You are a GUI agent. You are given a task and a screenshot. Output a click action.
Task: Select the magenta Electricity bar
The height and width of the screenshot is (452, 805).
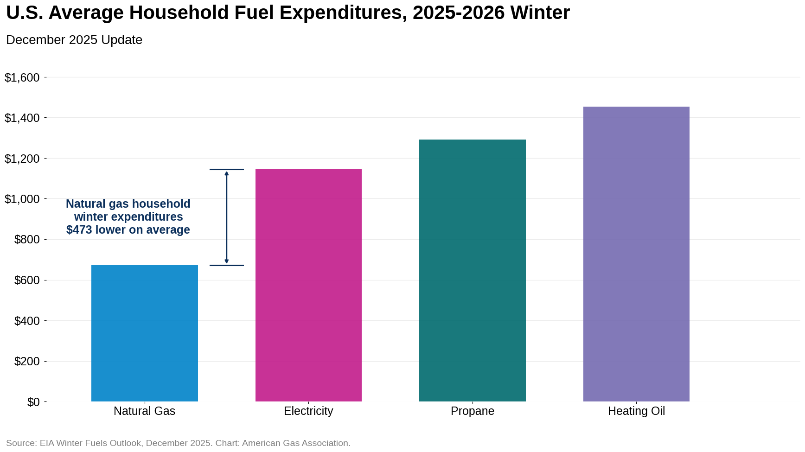click(x=308, y=285)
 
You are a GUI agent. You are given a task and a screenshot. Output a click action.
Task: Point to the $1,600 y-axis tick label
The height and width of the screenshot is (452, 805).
click(x=22, y=77)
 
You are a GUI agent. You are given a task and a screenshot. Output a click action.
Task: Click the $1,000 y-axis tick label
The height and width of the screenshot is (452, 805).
click(x=22, y=199)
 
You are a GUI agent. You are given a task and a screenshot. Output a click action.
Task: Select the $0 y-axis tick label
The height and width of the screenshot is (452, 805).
click(x=33, y=402)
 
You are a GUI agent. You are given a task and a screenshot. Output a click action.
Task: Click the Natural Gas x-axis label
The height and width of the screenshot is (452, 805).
click(x=144, y=411)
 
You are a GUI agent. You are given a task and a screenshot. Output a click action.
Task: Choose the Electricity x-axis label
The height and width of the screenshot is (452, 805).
click(x=308, y=411)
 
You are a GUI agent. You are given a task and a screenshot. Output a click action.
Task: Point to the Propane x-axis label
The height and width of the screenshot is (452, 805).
click(x=472, y=411)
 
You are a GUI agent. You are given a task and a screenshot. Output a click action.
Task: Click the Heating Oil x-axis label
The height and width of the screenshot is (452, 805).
click(x=636, y=411)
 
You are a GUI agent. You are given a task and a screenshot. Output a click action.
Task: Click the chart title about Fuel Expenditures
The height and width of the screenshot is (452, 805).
click(x=287, y=13)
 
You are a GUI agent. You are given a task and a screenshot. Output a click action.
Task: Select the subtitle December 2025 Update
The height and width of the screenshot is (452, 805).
click(x=74, y=40)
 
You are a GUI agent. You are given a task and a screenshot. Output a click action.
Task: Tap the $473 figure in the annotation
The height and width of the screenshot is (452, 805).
click(x=79, y=230)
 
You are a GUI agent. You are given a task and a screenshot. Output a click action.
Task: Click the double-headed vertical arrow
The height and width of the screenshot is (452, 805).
click(x=226, y=217)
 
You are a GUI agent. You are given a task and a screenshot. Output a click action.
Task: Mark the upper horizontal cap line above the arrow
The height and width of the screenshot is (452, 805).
click(x=226, y=169)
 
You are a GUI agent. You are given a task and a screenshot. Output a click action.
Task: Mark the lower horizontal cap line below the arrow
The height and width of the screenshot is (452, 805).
click(x=226, y=265)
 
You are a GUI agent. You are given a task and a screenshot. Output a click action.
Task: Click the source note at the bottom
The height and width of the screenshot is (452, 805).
click(x=178, y=443)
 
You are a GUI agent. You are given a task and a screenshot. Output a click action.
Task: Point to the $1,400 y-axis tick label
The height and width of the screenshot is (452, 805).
click(x=22, y=118)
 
